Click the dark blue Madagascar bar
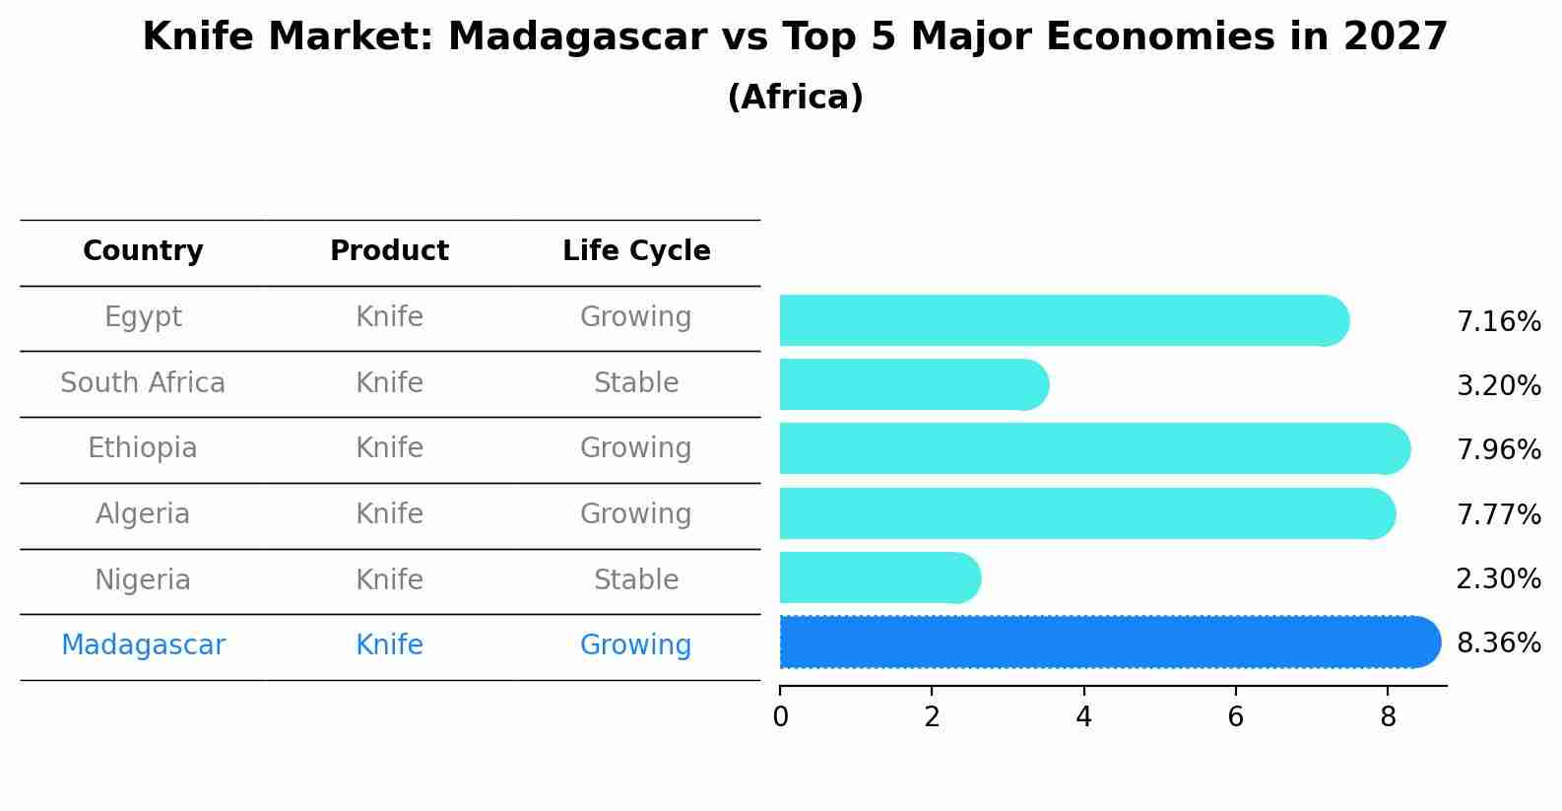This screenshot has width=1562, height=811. (1103, 642)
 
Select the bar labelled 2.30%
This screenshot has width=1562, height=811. (877, 577)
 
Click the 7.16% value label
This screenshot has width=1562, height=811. (1498, 322)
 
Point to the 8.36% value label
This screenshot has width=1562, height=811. (1498, 643)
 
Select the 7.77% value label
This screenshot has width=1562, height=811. (1498, 514)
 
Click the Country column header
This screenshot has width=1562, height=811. (143, 251)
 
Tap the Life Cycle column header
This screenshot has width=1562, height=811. (636, 251)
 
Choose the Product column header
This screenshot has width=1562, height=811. (389, 251)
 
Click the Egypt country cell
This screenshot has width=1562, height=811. (143, 317)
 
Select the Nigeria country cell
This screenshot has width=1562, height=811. (143, 579)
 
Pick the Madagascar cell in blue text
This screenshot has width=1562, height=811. (143, 645)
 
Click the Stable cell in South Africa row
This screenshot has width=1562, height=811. (636, 383)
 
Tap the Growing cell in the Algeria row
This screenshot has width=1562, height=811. (636, 514)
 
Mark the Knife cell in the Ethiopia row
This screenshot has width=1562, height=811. (389, 448)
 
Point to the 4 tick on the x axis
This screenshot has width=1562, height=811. (1083, 716)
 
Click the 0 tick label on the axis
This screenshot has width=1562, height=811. (780, 716)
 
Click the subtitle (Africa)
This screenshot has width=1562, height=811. (795, 98)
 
